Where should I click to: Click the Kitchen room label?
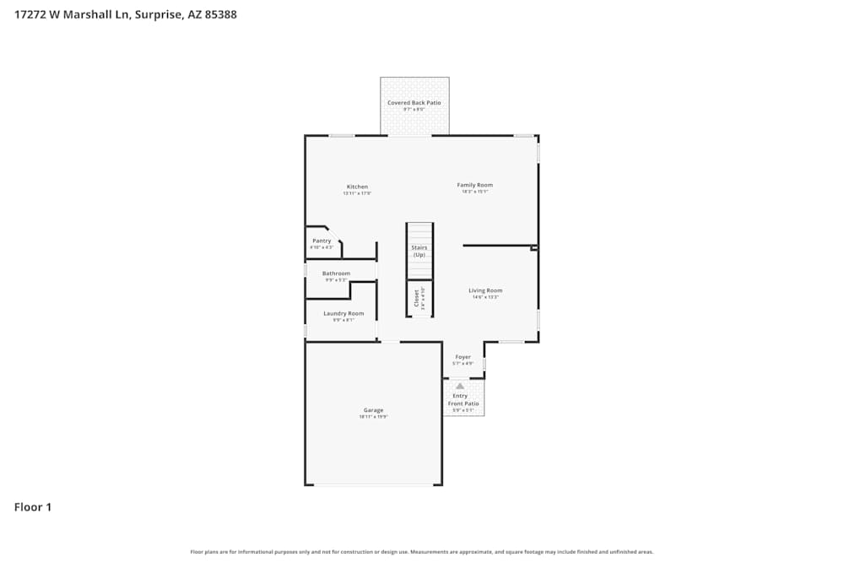tap(357, 187)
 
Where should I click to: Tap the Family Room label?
tap(475, 185)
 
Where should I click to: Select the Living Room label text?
tap(485, 290)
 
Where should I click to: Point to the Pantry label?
tap(322, 241)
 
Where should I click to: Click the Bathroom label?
tap(336, 273)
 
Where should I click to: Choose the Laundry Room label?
tap(344, 313)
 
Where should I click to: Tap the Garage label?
tap(373, 410)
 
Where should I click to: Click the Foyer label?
tap(463, 357)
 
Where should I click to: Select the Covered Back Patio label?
tap(414, 103)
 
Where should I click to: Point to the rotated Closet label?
tap(416, 298)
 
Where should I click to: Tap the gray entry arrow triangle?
tap(460, 387)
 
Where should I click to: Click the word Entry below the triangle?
tap(460, 396)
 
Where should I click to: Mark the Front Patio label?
tap(463, 403)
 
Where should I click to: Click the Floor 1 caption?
tap(33, 507)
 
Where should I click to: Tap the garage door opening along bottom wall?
tap(373, 485)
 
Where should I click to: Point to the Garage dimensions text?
tap(373, 417)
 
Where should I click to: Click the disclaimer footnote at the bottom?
tap(422, 552)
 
